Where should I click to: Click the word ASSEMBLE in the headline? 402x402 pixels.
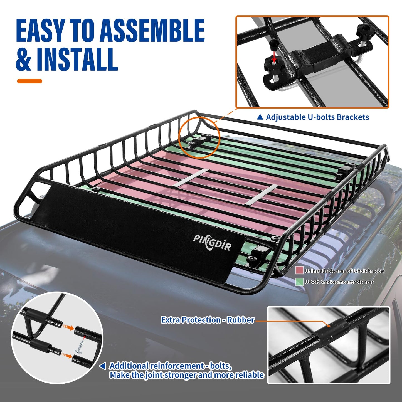click(x=152, y=31)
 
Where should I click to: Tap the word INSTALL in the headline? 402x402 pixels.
click(x=77, y=59)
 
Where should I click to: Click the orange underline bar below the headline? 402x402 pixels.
click(x=29, y=81)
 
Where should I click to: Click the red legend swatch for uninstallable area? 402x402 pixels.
click(x=299, y=270)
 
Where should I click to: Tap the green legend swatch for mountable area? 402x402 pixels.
click(x=299, y=282)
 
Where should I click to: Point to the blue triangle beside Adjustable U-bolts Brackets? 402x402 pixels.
click(x=260, y=117)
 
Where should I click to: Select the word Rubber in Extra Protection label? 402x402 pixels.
click(x=241, y=320)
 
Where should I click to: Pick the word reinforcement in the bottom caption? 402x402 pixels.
click(x=177, y=366)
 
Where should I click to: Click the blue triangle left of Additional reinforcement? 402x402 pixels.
click(x=103, y=366)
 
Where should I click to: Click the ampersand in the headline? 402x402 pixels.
click(x=24, y=59)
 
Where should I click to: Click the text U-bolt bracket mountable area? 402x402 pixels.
click(x=339, y=282)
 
